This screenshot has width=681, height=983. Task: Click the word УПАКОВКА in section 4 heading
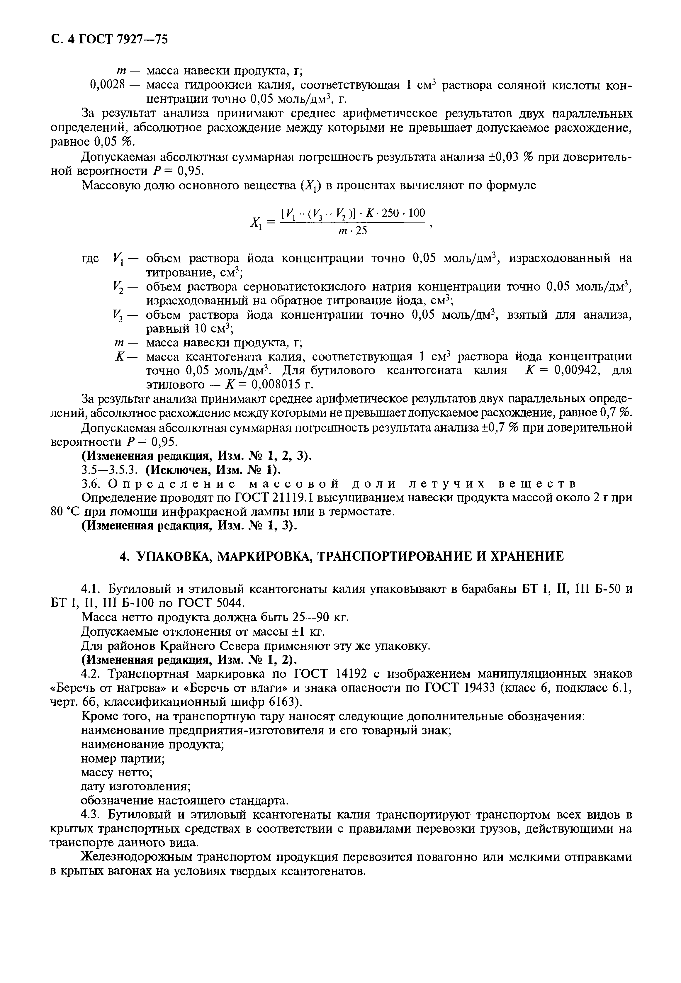click(170, 556)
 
